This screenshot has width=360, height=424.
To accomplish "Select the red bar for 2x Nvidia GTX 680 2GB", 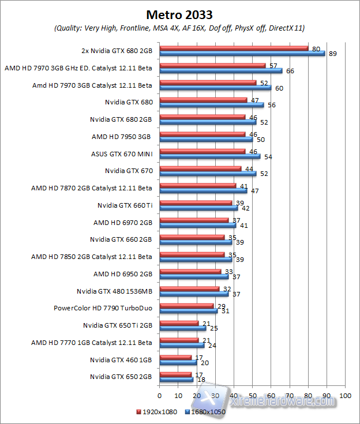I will [234, 48].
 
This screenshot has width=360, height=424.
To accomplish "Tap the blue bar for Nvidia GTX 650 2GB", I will [176, 380].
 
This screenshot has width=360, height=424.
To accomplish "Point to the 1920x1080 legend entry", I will [157, 412].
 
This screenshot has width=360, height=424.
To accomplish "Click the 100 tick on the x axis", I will [345, 396].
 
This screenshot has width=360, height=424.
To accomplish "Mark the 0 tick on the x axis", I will [160, 396].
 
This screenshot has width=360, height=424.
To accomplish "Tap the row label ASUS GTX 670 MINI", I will [121, 153].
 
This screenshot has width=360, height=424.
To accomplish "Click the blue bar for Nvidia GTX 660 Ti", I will [198, 208].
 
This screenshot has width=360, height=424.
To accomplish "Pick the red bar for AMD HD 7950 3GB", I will [202, 134].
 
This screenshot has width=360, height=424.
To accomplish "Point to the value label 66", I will [290, 71].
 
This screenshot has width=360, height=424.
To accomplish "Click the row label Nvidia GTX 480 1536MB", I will [114, 291].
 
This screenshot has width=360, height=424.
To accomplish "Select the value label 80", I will [316, 49].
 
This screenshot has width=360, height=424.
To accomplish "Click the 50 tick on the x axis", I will [252, 396].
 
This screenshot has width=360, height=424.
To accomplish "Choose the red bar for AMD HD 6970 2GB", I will [194, 220].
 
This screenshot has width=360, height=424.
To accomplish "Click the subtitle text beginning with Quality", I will [179, 28].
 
